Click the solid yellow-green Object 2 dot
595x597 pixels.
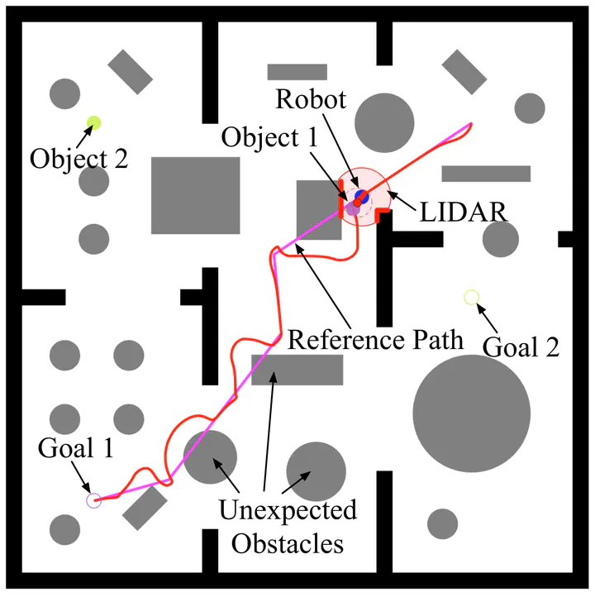(x=93, y=122)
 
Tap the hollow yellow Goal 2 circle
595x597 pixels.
(x=471, y=298)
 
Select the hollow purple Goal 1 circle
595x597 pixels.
(x=94, y=500)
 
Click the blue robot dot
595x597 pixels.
(x=361, y=197)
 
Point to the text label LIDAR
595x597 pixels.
(x=464, y=212)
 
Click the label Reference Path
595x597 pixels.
(x=375, y=340)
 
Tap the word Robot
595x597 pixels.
(x=311, y=99)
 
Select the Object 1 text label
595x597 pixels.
(x=269, y=137)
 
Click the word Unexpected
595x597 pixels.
(x=288, y=510)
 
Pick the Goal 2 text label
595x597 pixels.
(x=521, y=346)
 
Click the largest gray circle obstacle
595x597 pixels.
(x=471, y=413)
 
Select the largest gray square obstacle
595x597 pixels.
(x=196, y=195)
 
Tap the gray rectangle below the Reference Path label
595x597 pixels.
(x=297, y=370)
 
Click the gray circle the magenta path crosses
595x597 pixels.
(x=210, y=457)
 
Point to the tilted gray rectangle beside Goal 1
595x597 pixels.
(x=145, y=508)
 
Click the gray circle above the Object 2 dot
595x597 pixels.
(x=64, y=93)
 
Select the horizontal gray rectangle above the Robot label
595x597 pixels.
(x=297, y=72)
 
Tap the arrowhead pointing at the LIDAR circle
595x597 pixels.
(x=393, y=195)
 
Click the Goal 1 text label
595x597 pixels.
(x=76, y=448)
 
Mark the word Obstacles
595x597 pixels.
(x=288, y=543)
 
